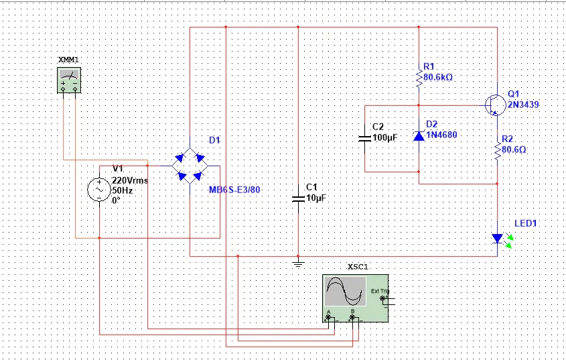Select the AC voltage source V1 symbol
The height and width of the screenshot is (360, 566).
click(x=100, y=190)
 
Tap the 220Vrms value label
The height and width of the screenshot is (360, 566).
click(x=130, y=180)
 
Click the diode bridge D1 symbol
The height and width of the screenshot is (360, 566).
click(x=189, y=165)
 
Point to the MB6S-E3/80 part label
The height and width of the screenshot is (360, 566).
click(x=234, y=190)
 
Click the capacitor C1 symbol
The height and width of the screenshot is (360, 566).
click(x=298, y=198)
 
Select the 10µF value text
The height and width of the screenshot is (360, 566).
click(x=315, y=198)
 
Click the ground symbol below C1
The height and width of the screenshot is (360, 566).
click(x=298, y=263)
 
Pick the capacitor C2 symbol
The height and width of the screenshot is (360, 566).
click(x=364, y=138)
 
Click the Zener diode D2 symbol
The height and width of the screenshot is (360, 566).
click(x=419, y=136)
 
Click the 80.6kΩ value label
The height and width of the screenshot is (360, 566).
click(x=438, y=77)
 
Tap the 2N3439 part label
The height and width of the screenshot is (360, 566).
click(x=523, y=105)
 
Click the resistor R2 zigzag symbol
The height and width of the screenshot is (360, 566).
click(x=497, y=151)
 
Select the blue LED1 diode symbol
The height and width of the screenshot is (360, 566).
click(x=497, y=238)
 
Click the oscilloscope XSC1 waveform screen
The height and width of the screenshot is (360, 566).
click(x=346, y=292)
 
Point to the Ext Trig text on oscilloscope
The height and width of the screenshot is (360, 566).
click(x=378, y=290)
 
